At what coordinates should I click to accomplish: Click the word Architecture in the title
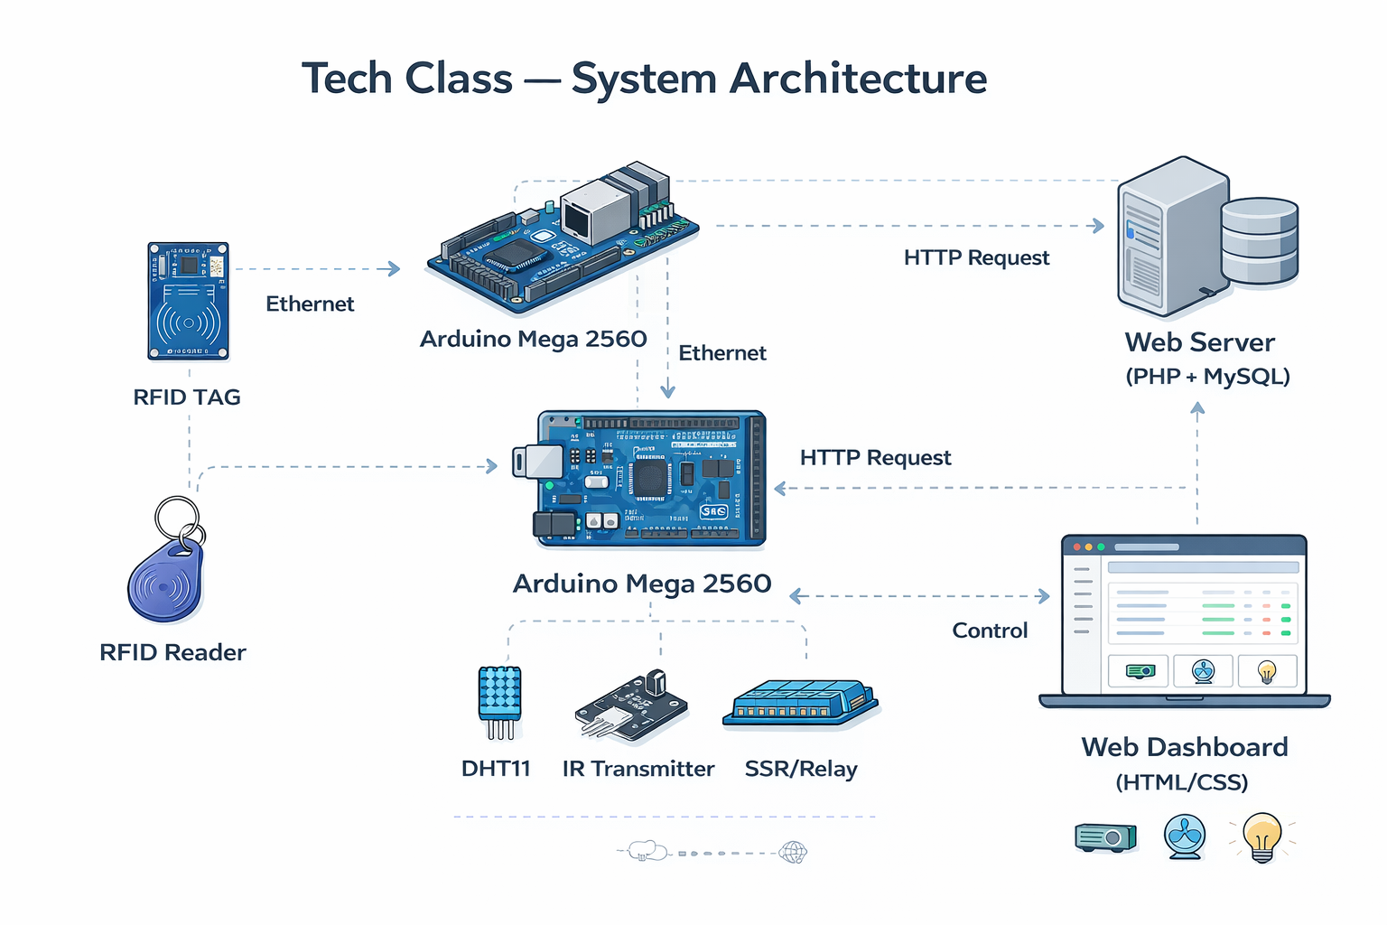pyautogui.click(x=858, y=79)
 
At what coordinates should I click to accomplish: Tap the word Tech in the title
pyautogui.click(x=346, y=79)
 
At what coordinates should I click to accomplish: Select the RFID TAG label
pyautogui.click(x=187, y=397)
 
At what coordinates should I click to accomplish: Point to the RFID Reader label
pyautogui.click(x=172, y=652)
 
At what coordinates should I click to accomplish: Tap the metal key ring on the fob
pyautogui.click(x=178, y=519)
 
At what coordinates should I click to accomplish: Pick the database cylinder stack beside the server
pyautogui.click(x=1259, y=241)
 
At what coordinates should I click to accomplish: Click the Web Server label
pyautogui.click(x=1199, y=342)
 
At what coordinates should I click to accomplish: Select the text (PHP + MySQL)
pyautogui.click(x=1207, y=377)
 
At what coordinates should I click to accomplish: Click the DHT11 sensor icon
pyautogui.click(x=499, y=701)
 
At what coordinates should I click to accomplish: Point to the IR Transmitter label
pyautogui.click(x=638, y=769)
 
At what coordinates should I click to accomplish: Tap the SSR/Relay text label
pyautogui.click(x=801, y=769)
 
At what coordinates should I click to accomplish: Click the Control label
pyautogui.click(x=990, y=631)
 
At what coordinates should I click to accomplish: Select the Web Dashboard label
pyautogui.click(x=1185, y=747)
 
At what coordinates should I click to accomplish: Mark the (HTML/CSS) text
pyautogui.click(x=1181, y=782)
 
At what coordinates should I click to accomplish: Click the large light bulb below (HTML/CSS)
pyautogui.click(x=1261, y=836)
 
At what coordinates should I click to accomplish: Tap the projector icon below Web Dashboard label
pyautogui.click(x=1105, y=837)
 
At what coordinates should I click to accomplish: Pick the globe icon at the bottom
pyautogui.click(x=793, y=852)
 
